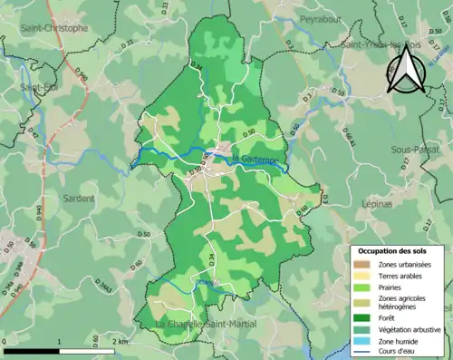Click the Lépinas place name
(377, 205)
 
